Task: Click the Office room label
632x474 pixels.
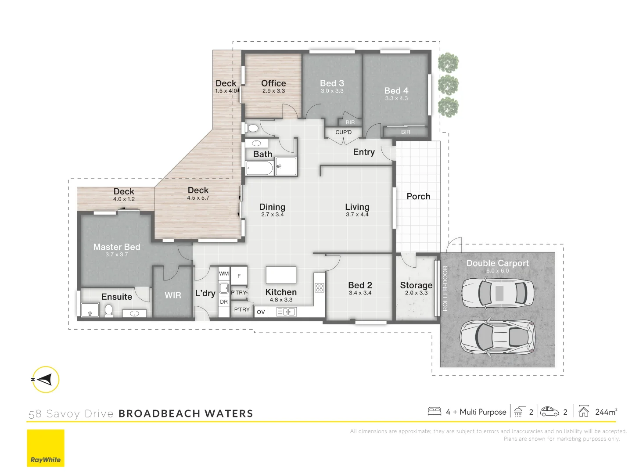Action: coord(273,83)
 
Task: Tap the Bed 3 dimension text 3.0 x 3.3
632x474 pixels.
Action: coord(332,91)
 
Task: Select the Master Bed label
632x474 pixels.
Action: coord(117,247)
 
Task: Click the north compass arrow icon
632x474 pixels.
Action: coord(46,379)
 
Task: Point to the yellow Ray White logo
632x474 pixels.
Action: coord(46,448)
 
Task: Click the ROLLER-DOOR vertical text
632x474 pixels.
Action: coord(445,288)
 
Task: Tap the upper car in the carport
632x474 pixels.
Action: coord(498,292)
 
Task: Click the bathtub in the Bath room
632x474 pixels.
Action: coord(259,168)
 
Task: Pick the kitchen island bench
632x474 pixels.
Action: coord(281,275)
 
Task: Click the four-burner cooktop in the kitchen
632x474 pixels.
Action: coord(320,288)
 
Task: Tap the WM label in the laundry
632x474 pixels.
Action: coord(224,273)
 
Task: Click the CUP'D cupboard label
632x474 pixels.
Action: coord(343,132)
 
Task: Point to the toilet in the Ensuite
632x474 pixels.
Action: coord(108,310)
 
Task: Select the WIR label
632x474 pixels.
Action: coord(172,295)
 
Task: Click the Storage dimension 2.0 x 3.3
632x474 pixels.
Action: coord(416,293)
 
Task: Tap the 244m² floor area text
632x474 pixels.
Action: coord(606,412)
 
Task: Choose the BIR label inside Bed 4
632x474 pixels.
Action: coord(406,132)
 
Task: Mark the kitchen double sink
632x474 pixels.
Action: coord(286,312)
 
